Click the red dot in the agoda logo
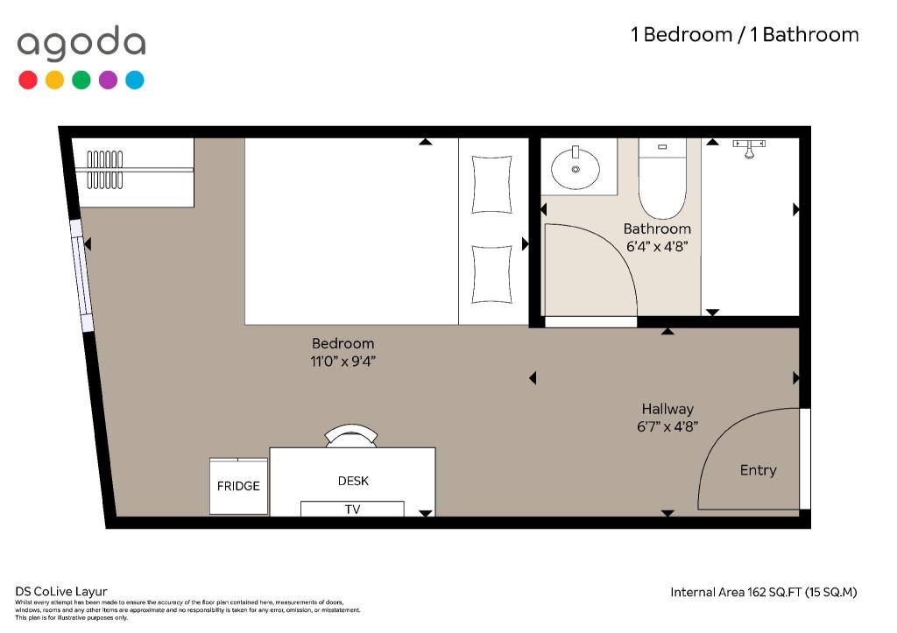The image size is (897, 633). pos(28,80)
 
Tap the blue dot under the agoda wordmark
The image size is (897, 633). pos(135,80)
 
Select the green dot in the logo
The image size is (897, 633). pos(81,80)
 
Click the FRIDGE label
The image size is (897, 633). pos(238,486)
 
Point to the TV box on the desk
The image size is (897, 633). pos(352,509)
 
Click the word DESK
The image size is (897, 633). pos(353,481)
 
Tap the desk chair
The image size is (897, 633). pos(351,436)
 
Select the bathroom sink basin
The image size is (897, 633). pos(576,167)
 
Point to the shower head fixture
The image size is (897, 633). pos(749,148)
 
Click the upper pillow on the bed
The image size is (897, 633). pos(491,185)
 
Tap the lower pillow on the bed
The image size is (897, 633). pos(491,274)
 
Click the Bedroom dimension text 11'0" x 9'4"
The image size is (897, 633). pos(343,362)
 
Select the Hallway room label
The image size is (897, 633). pos(667,409)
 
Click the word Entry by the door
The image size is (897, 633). pos(758,470)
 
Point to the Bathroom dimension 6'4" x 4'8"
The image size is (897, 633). pos(657,246)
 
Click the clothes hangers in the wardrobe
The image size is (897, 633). pos(105,170)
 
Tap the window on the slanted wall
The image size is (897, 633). pos(81,276)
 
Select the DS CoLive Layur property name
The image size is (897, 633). pos(61,592)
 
